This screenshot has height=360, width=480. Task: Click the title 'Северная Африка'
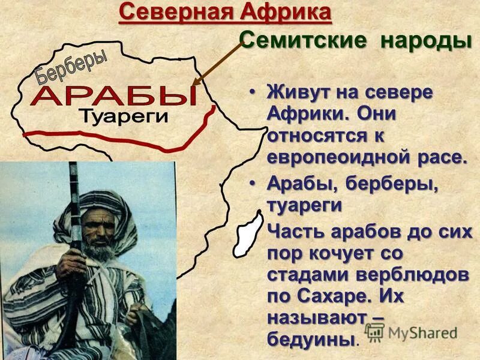tap(224, 12)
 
